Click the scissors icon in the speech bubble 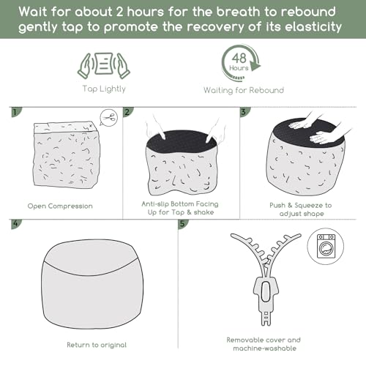tap(109, 118)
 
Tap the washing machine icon tap(326, 246)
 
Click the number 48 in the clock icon tap(239, 59)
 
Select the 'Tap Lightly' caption tap(104, 89)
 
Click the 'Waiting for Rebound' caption tap(244, 91)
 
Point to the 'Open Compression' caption tap(60, 206)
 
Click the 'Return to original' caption tap(97, 345)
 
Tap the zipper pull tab tap(266, 291)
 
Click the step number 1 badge tap(15, 112)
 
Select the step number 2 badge tap(127, 112)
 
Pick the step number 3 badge tap(244, 112)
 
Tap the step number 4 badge tap(15, 224)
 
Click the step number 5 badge tap(183, 224)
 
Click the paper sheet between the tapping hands tap(104, 64)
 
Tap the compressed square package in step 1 tap(66, 155)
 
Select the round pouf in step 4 tap(92, 284)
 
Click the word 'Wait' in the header tap(33, 12)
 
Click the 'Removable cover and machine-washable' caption tap(264, 344)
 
